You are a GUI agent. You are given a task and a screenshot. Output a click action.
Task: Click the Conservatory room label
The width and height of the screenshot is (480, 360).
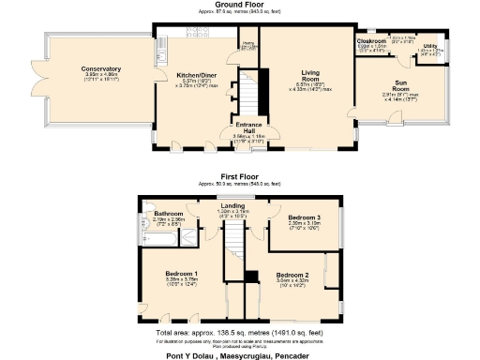pyautogui.click(x=100, y=68)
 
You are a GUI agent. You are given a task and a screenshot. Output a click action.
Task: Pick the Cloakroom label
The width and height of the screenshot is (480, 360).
pyautogui.click(x=371, y=41)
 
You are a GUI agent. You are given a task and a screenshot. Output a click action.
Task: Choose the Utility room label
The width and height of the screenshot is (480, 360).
pyautogui.click(x=429, y=45)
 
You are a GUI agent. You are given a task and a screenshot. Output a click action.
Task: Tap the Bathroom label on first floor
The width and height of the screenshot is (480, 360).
pyautogui.click(x=169, y=214)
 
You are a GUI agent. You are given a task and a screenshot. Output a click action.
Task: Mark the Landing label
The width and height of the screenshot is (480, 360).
pyautogui.click(x=232, y=205)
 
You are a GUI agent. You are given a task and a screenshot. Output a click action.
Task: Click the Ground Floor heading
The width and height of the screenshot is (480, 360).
pyautogui.click(x=239, y=4)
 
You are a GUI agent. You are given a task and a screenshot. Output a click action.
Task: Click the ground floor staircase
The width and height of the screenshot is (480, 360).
pyautogui.click(x=247, y=94)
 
